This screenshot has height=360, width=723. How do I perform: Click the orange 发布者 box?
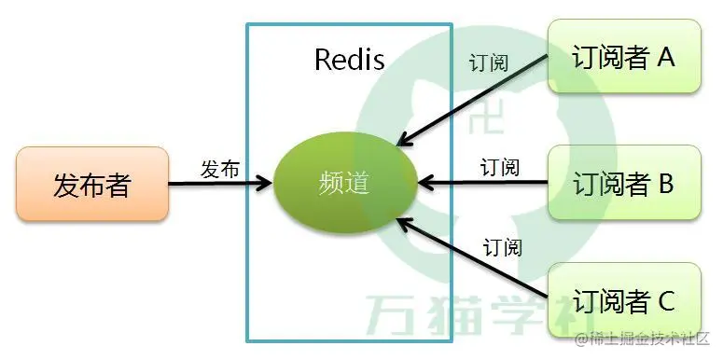(x=92, y=183)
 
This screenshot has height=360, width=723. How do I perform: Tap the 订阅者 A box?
(x=623, y=58)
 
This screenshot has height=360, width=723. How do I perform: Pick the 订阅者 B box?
(x=623, y=183)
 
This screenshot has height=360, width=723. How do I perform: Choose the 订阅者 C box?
(x=623, y=301)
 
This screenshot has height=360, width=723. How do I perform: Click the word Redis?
(x=349, y=61)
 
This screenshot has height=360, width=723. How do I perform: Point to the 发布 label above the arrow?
(x=220, y=169)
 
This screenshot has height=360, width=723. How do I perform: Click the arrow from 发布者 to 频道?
(x=220, y=184)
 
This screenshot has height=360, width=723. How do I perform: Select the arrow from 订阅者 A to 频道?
(x=471, y=101)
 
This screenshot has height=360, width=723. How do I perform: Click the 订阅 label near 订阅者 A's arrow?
(x=489, y=64)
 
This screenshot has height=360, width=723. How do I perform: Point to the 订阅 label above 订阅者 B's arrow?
(x=500, y=168)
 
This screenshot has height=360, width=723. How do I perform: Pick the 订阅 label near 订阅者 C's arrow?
(x=502, y=247)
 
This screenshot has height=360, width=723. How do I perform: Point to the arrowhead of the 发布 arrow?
(x=266, y=184)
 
